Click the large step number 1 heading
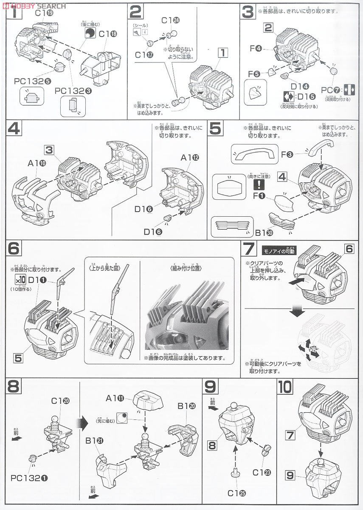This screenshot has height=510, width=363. tap(13, 14)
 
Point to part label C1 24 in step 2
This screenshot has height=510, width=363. tap(171, 20)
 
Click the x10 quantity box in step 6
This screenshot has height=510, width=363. tap(20, 279)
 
